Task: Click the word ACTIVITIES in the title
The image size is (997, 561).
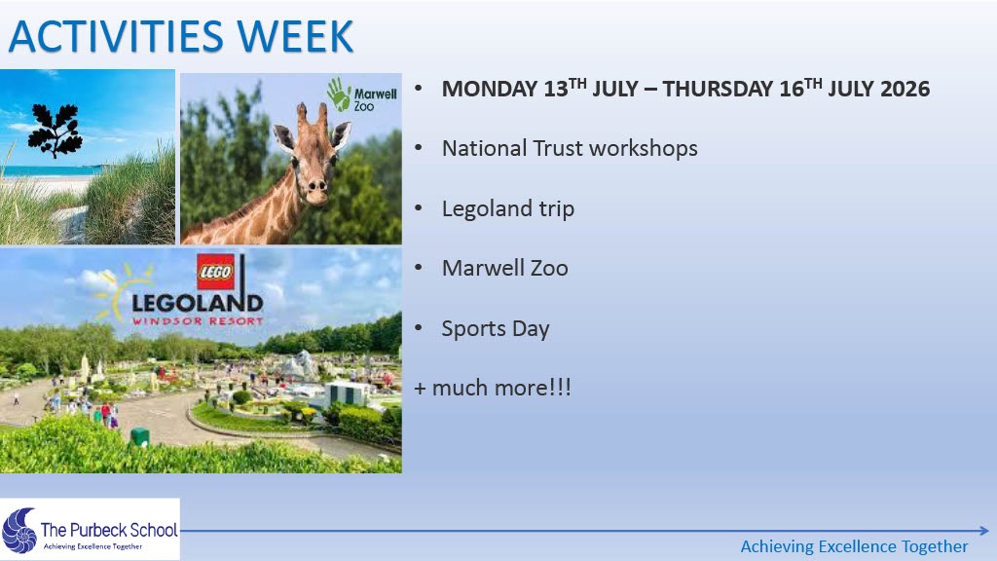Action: [116, 36]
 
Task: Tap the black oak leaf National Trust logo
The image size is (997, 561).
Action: [55, 130]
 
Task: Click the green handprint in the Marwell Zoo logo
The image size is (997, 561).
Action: [339, 94]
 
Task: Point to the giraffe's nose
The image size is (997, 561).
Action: [315, 186]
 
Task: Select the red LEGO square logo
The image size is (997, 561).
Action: [215, 272]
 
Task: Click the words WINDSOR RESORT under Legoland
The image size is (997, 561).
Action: [197, 320]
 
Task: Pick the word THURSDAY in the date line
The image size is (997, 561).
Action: [718, 89]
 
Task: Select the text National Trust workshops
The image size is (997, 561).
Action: [570, 149]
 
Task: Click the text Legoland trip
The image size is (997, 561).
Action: [508, 209]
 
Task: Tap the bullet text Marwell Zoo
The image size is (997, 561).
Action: [505, 269]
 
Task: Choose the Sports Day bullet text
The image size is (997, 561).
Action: [496, 329]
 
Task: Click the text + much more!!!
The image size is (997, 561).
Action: [492, 388]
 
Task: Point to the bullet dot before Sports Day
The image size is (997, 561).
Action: [419, 328]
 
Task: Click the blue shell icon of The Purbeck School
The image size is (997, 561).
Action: [19, 531]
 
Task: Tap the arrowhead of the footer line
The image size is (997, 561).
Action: [984, 531]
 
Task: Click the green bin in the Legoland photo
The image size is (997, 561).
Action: [140, 437]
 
